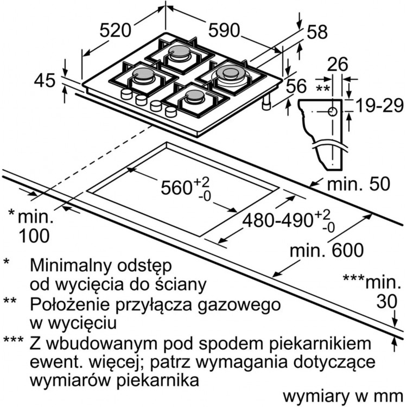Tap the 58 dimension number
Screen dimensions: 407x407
(317, 32)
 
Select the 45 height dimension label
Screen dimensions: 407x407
(44, 81)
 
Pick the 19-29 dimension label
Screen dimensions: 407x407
(376, 106)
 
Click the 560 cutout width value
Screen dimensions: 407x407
(176, 188)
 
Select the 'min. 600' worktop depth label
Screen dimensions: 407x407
(326, 250)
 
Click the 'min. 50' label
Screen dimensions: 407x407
(358, 184)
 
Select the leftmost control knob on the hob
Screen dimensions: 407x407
(126, 95)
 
